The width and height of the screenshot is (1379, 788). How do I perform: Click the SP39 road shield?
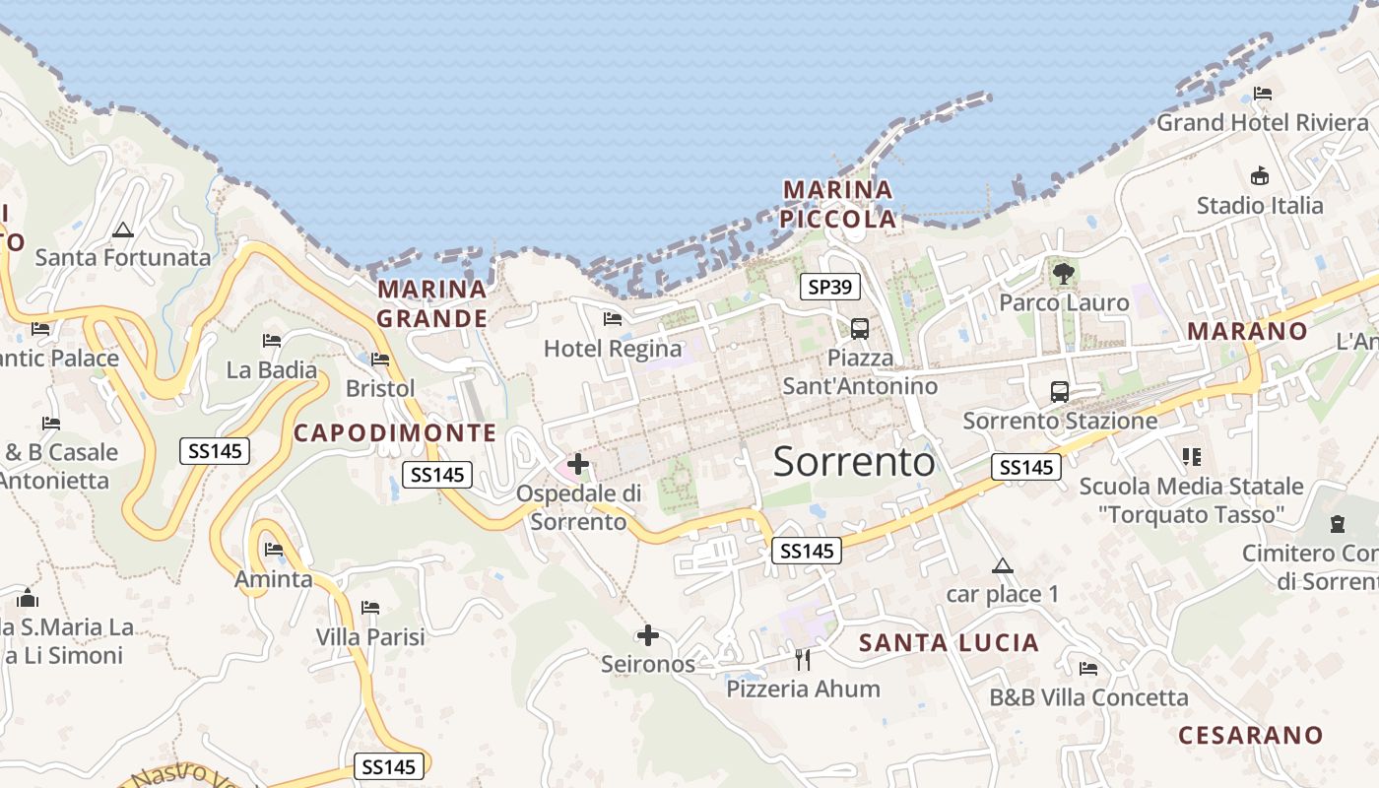(830, 287)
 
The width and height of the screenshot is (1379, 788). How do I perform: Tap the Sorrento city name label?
(853, 461)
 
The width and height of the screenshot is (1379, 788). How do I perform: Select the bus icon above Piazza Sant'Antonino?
(860, 328)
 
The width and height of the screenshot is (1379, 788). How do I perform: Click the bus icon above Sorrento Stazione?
(1060, 391)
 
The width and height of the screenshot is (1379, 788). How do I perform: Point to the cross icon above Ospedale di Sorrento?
(578, 463)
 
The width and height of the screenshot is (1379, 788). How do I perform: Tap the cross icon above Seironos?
(647, 635)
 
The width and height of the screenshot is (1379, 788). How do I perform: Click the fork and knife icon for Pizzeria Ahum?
(803, 659)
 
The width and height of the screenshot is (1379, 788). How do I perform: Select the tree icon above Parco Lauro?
(1063, 273)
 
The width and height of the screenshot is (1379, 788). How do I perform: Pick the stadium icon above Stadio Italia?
(1259, 176)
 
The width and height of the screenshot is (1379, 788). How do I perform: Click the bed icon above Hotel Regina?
(612, 318)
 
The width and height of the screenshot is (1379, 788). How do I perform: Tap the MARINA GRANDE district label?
(432, 303)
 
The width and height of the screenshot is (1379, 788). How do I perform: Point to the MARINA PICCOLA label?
(838, 204)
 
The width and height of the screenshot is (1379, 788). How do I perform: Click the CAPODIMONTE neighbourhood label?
(395, 432)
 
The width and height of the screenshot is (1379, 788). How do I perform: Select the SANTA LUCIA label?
(949, 643)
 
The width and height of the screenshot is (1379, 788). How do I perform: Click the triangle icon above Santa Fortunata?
(122, 230)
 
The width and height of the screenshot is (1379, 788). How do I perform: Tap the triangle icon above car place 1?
(1002, 565)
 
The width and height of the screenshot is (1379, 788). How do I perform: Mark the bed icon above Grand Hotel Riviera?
(1263, 94)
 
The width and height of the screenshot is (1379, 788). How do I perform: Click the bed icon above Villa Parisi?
(370, 607)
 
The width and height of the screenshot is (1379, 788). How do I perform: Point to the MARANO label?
(1247, 331)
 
